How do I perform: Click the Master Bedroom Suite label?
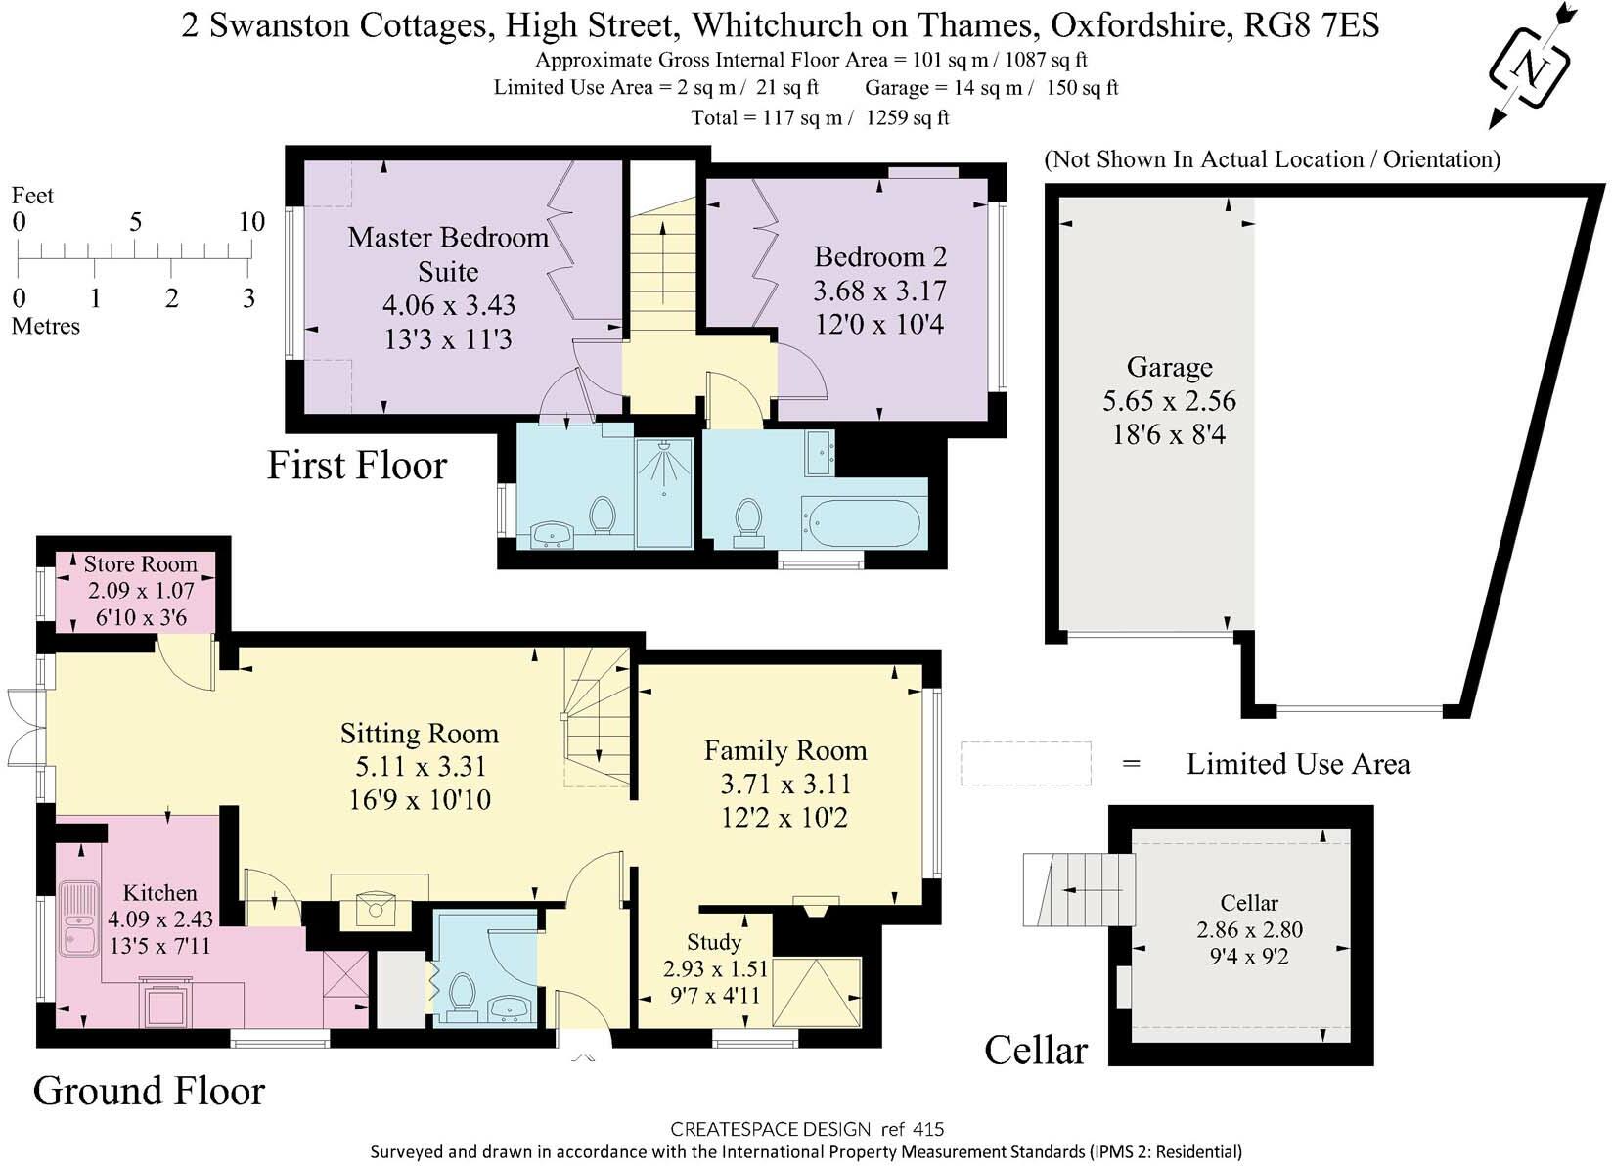click(448, 254)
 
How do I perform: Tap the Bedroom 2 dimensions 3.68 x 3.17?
click(879, 291)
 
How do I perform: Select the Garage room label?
click(1170, 367)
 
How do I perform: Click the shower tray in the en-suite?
click(663, 492)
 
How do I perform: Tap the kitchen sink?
click(78, 919)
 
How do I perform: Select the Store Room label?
click(140, 563)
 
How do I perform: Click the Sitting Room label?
click(420, 734)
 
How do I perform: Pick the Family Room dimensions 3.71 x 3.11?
click(785, 784)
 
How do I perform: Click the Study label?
click(714, 941)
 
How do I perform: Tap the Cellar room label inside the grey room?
click(1249, 903)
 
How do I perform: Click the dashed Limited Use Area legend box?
click(1026, 764)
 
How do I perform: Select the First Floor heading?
click(357, 465)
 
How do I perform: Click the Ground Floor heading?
click(149, 1091)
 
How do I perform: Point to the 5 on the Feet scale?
click(135, 222)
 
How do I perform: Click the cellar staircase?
click(1079, 889)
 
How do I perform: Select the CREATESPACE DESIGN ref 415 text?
click(807, 1129)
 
